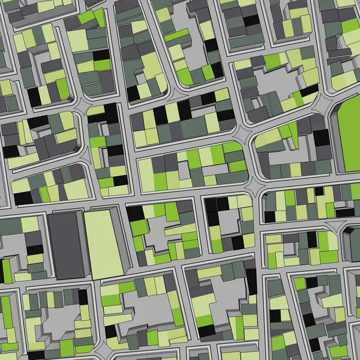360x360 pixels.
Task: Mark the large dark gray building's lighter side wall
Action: pyautogui.click(x=84, y=246)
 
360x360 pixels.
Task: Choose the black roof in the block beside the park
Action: pyautogui.click(x=322, y=138)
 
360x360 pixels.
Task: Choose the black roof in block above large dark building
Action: pyautogui.click(x=22, y=198)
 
